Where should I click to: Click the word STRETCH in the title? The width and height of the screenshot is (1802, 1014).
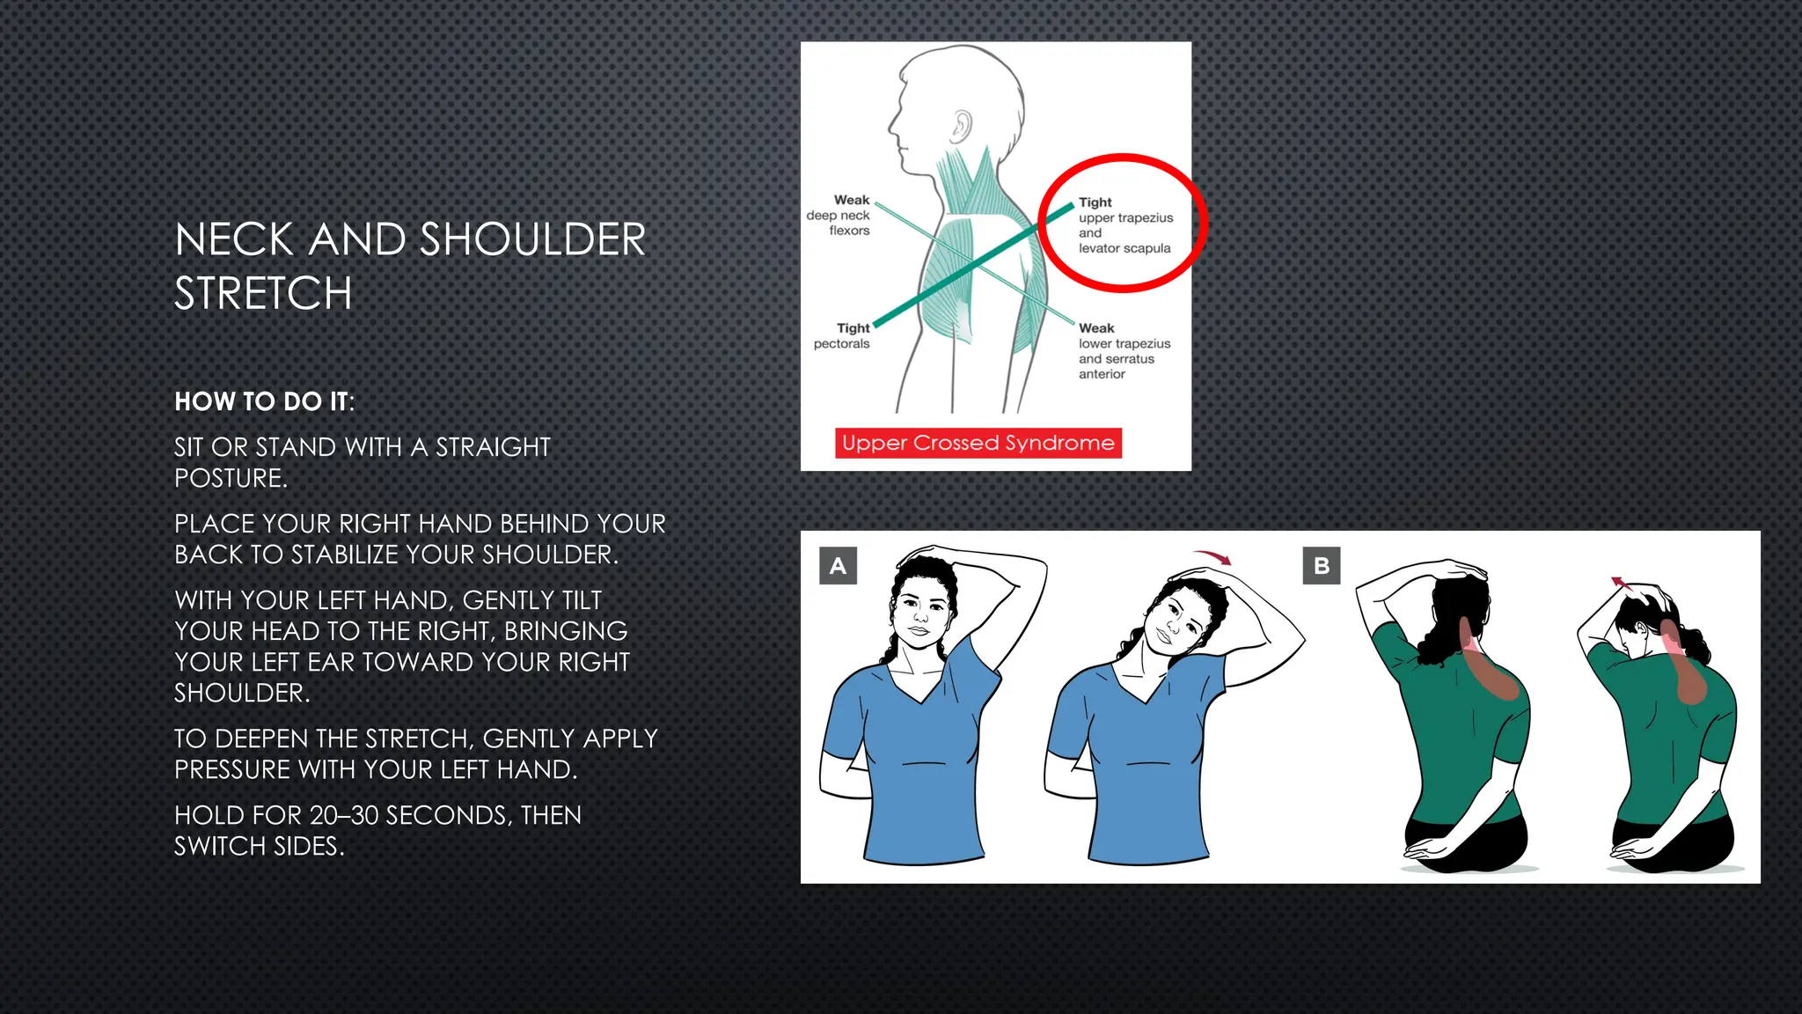click(x=263, y=293)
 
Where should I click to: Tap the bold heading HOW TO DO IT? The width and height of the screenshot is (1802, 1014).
click(x=263, y=401)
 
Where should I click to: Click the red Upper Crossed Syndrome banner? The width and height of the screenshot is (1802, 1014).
click(x=978, y=443)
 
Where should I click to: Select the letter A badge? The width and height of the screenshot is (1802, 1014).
click(x=838, y=566)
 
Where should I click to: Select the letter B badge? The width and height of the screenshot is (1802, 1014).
click(x=1321, y=566)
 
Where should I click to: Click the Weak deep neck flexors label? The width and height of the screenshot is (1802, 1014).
click(x=839, y=216)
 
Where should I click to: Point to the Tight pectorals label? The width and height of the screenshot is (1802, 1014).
click(x=843, y=335)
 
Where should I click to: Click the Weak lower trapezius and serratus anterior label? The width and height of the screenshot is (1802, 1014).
click(x=1123, y=350)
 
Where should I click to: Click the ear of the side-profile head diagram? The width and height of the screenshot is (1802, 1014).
click(x=962, y=127)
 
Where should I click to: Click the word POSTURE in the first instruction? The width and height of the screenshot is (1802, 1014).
click(x=230, y=478)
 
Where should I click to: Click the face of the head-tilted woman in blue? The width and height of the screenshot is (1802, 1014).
click(x=1176, y=621)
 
